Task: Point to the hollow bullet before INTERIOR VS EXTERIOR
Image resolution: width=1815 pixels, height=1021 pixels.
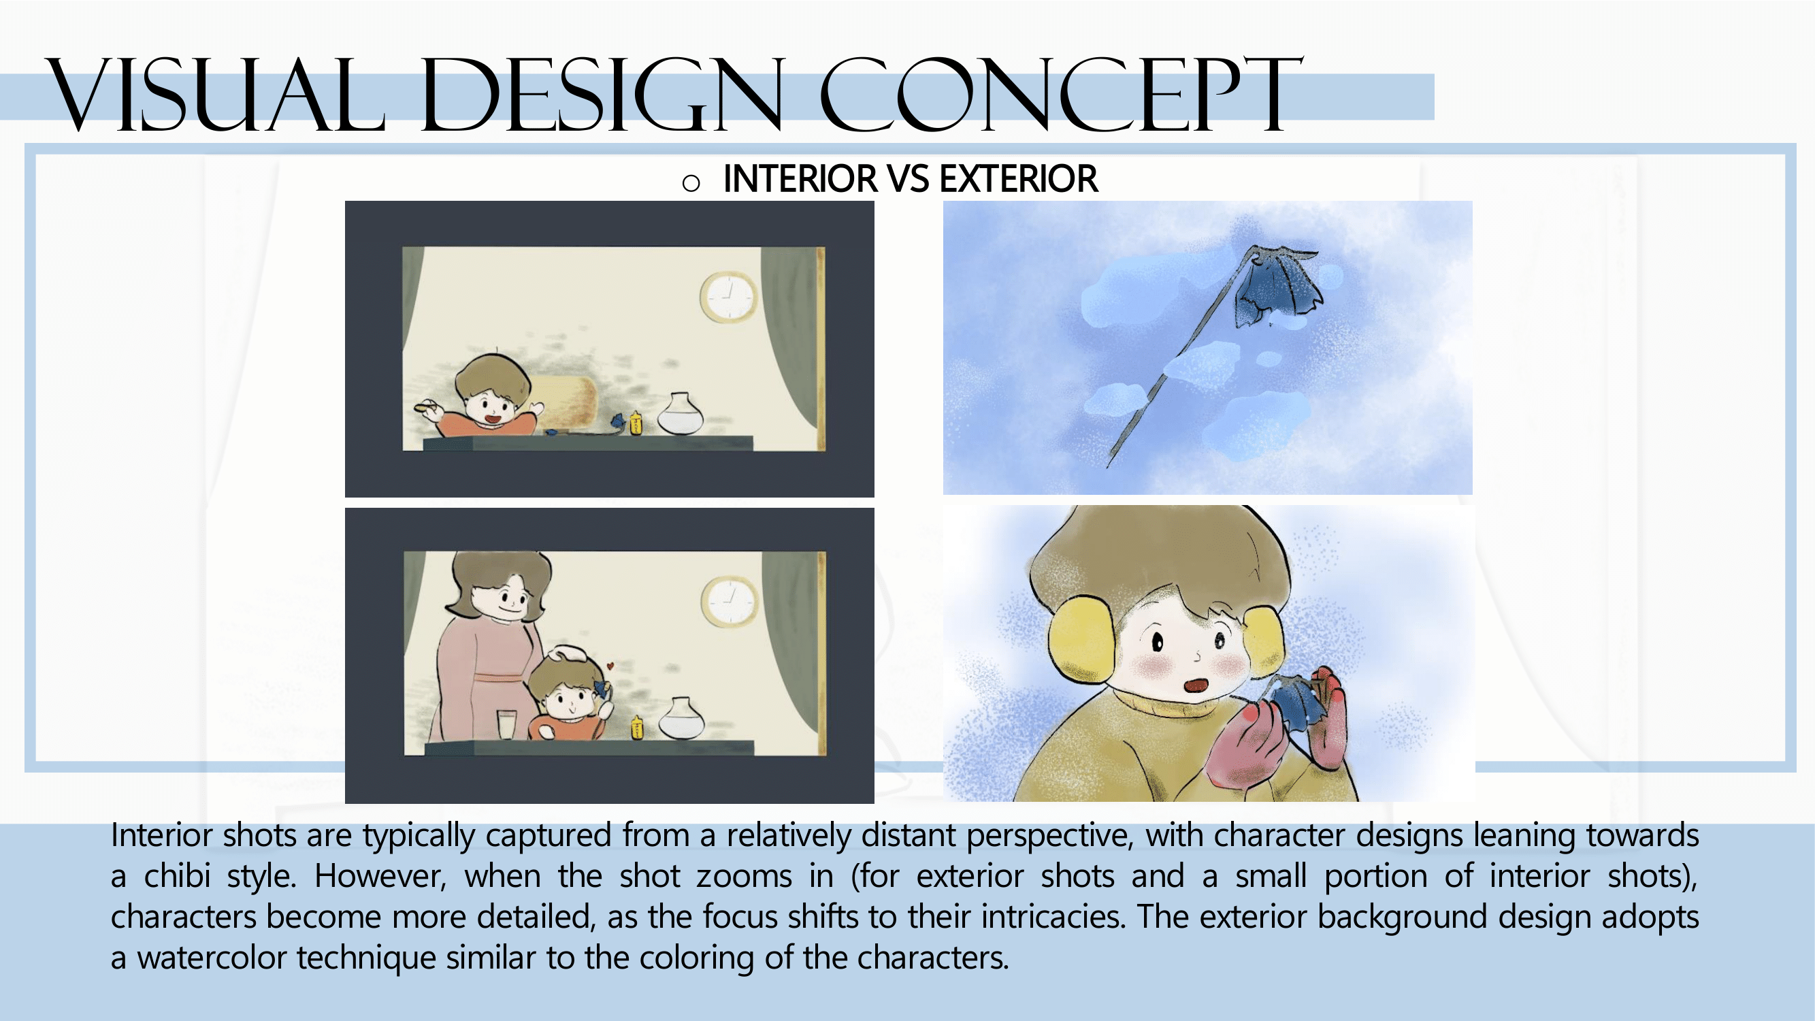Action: [x=691, y=184]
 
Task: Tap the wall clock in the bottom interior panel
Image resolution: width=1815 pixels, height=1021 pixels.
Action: [x=731, y=601]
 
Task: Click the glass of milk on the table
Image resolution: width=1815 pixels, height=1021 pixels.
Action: [x=506, y=725]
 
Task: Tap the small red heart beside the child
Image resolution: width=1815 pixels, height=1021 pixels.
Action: [x=610, y=665]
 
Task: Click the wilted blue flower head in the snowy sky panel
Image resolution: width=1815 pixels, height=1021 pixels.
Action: [x=1277, y=285]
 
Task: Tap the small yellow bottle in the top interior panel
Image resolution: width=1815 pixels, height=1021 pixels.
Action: [x=636, y=422]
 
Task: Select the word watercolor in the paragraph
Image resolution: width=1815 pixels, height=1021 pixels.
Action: [x=216, y=958]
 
